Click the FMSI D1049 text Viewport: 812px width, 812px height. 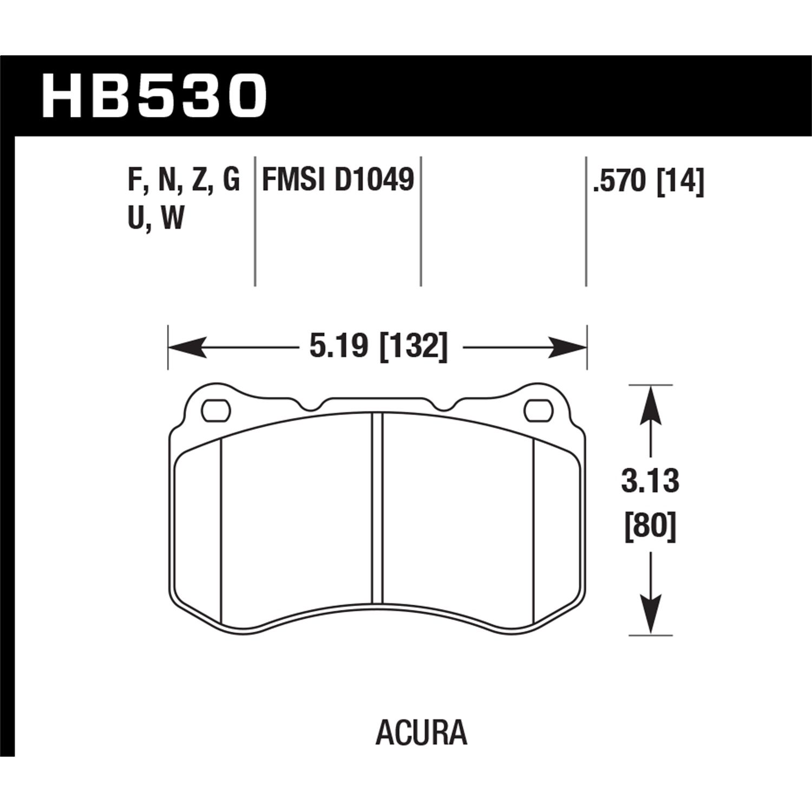338,180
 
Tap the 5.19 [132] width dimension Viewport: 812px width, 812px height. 378,347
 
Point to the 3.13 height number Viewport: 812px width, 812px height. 650,481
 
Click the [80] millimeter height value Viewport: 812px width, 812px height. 650,526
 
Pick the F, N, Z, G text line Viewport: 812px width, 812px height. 184,180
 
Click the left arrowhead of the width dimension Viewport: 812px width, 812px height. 187,347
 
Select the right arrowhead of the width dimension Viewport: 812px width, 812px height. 568,347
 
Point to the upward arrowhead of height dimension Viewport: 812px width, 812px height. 650,403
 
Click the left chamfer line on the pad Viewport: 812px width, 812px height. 222,531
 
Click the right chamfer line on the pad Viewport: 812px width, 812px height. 534,531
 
